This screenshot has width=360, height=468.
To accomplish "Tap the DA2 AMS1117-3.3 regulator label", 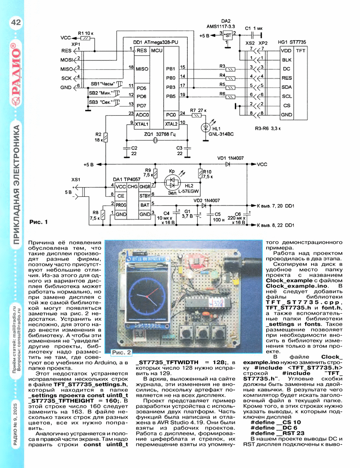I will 225,24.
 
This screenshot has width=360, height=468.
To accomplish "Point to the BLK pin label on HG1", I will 286,60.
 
